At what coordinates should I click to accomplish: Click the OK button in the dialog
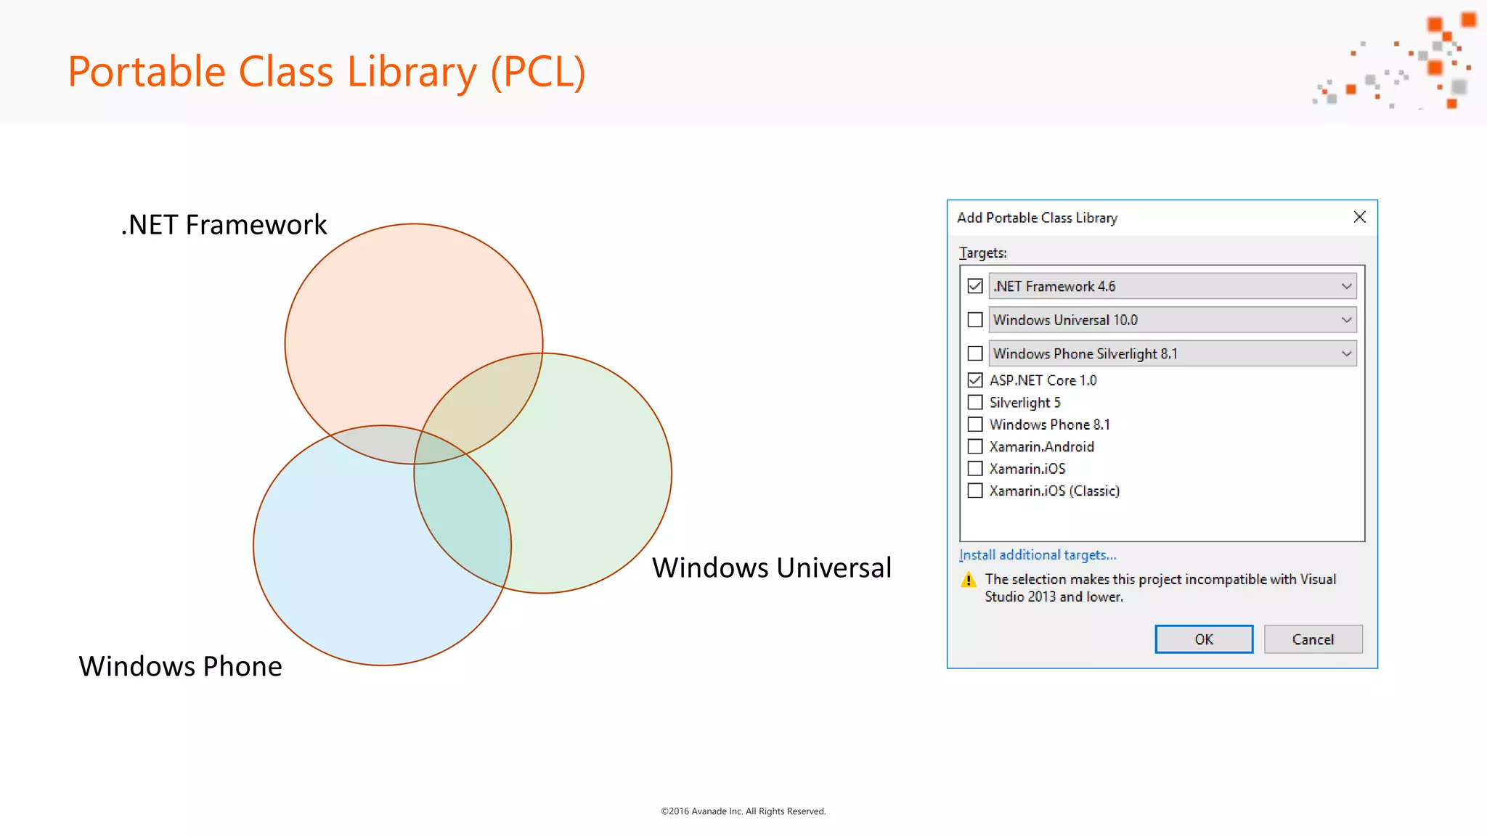click(1204, 639)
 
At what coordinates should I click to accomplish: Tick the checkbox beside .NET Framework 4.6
click(975, 286)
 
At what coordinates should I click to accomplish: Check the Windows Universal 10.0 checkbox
click(975, 320)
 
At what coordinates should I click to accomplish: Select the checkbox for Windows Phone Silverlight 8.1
click(975, 353)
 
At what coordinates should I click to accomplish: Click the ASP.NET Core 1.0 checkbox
click(975, 380)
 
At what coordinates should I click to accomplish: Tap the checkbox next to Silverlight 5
click(975, 402)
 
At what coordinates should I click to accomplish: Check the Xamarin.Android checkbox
click(975, 446)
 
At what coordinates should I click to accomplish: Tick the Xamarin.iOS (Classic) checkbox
click(975, 491)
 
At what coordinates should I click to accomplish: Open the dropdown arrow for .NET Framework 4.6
click(1346, 286)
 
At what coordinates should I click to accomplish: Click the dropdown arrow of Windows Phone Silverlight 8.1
click(1346, 353)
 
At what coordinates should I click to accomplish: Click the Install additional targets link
click(1038, 555)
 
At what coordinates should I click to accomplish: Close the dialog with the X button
click(1359, 217)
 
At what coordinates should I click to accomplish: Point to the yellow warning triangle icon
click(969, 580)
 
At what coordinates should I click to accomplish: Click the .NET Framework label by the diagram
click(224, 225)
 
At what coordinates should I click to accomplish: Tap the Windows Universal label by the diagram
click(771, 567)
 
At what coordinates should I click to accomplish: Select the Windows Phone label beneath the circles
click(180, 666)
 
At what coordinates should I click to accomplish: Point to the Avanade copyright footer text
click(743, 811)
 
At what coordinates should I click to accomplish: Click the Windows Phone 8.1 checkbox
click(975, 425)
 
